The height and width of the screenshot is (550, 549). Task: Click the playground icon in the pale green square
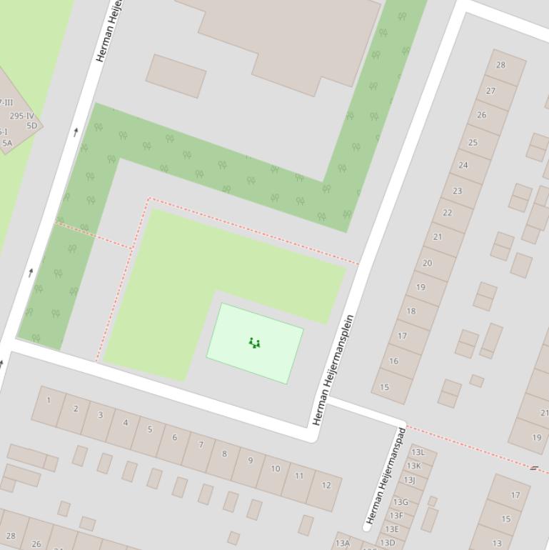[x=254, y=344]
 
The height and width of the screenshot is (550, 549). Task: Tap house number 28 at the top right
[x=500, y=65]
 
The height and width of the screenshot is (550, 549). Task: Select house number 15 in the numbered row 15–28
[x=385, y=387]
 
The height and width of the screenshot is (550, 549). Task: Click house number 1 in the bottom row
[x=49, y=400]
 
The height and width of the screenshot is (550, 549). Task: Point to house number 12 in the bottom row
[x=326, y=485]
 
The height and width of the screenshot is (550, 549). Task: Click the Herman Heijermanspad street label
[x=386, y=476]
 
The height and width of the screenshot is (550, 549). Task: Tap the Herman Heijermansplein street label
[x=333, y=370]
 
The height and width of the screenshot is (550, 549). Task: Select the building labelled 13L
[x=418, y=452]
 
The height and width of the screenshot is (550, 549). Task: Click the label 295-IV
[x=21, y=116]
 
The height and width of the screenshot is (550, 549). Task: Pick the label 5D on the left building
[x=31, y=126]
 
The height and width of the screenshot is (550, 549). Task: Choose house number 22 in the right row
[x=447, y=213]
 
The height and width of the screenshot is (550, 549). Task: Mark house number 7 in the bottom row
[x=201, y=445]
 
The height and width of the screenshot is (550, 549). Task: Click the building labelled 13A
[x=343, y=544]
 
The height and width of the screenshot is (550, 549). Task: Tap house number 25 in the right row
[x=473, y=142]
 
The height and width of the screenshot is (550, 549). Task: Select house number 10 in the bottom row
[x=275, y=469]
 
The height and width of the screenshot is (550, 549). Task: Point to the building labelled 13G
[x=400, y=502]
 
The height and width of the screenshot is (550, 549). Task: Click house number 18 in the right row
[x=411, y=311]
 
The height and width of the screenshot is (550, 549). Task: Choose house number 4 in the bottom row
[x=126, y=422]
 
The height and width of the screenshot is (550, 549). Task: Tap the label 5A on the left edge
[x=7, y=143]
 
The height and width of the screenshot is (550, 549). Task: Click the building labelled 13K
[x=413, y=466]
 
